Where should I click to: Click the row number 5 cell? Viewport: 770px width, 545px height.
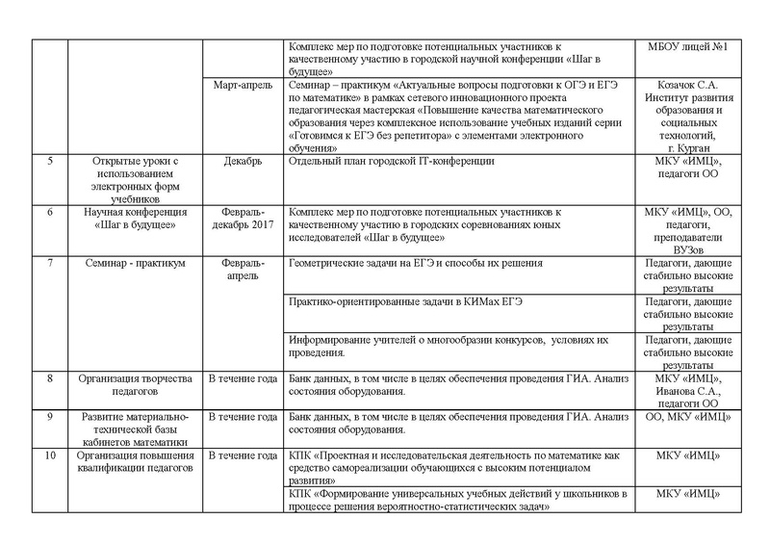(49, 161)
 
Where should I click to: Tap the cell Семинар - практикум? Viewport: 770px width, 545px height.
(134, 262)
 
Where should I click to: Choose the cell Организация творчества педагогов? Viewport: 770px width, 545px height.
(134, 379)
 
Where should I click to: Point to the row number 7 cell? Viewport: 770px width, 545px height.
(49, 262)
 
